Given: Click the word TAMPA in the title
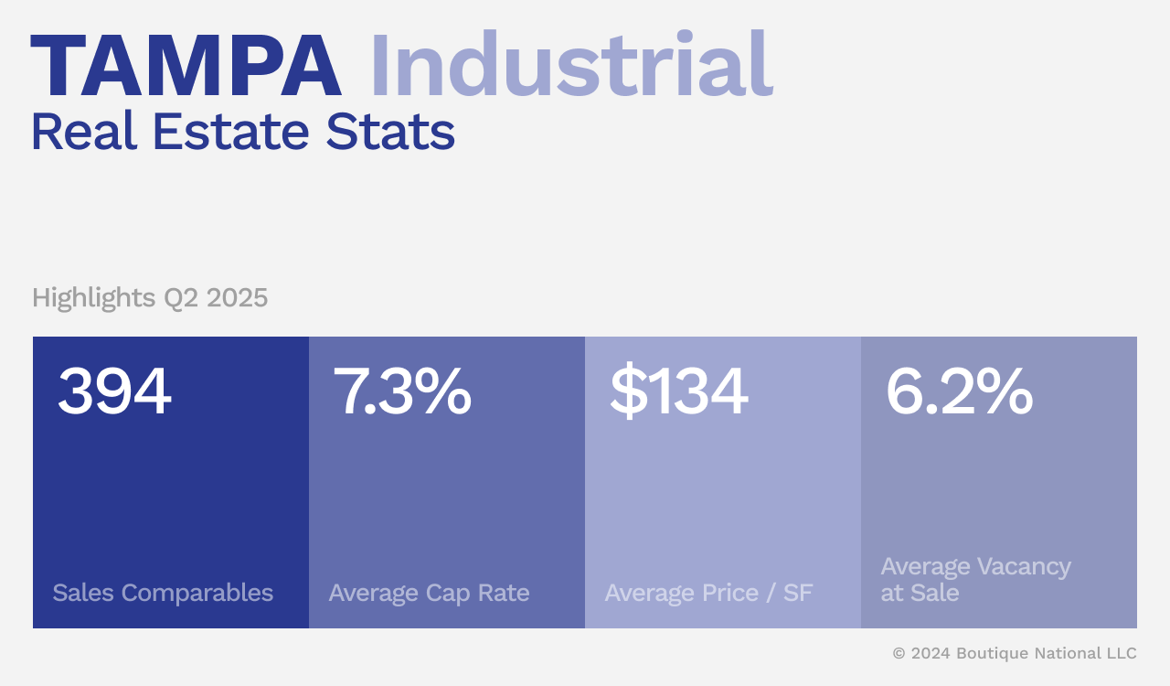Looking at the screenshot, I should pos(186,66).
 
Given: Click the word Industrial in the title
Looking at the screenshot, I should pos(570,66).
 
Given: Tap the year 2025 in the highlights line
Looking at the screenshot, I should pos(237,298).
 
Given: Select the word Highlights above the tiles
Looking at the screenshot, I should pos(93,298).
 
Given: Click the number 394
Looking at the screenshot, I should pos(114,391).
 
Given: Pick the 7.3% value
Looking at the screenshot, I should pos(401,391).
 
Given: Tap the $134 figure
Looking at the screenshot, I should pos(678,391).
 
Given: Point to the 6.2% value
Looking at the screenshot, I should pos(959,391).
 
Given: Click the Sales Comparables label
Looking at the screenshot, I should pos(163,593).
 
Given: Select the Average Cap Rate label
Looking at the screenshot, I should pos(429,593).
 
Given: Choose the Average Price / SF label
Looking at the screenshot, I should pos(708,593).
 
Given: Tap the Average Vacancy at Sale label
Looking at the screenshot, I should pos(975,580).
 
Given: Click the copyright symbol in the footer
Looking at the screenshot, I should pos(899,653).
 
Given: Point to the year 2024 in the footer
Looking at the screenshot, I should pos(931,653).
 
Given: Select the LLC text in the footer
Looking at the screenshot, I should pos(1120,653).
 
